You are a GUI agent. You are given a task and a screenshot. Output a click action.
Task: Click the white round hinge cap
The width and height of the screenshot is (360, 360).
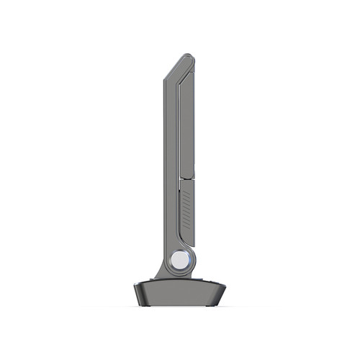click(x=179, y=260)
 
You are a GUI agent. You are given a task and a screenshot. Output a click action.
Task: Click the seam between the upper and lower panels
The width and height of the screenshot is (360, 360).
click(x=186, y=179)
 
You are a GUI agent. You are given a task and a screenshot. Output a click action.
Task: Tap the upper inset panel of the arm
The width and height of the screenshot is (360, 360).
click(x=187, y=122)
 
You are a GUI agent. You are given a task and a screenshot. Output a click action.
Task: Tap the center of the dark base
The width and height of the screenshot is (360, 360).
click(x=179, y=294)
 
